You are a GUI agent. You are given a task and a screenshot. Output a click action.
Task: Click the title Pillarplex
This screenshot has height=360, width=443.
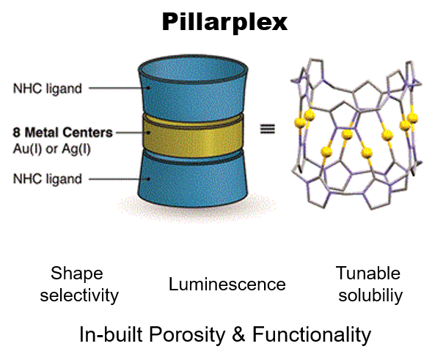pos(224,22)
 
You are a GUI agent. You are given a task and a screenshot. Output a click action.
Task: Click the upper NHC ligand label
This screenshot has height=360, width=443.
pos(48,89)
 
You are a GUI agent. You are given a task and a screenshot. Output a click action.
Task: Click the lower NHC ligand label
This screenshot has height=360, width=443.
pos(48,179)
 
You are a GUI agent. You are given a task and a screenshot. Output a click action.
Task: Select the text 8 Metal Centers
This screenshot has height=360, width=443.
pos(62,133)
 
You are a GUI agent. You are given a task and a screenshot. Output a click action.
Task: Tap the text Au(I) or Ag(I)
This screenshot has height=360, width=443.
pos(51,149)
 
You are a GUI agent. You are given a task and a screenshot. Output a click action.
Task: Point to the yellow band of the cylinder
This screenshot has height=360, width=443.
pos(193,136)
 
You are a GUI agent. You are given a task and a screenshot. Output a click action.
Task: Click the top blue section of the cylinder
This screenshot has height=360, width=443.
pos(193,96)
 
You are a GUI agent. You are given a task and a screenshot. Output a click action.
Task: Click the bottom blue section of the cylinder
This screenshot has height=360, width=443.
pos(193,180)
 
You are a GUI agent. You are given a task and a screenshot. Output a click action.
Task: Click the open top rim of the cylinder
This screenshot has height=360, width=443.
pos(193,57)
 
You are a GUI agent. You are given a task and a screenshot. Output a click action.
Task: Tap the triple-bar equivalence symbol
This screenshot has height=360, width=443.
pos(267,129)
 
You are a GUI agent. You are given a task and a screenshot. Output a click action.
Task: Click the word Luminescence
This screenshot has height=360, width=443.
pos(227,284)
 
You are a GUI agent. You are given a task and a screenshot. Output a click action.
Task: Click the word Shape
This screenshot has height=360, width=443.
pos(77,274)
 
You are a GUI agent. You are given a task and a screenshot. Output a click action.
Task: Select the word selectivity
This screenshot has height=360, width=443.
pos(79,296)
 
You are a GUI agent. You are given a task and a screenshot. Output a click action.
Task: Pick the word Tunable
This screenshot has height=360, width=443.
pos(368,273)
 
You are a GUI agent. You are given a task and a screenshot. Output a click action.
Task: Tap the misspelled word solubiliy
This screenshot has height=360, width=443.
pos(370,296)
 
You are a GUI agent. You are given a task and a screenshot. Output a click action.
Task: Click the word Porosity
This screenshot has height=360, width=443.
pos(187,335)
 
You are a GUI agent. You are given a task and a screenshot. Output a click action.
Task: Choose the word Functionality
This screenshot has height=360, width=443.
pos(312,335)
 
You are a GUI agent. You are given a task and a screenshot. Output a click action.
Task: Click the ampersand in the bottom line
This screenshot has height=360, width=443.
pos(238,334)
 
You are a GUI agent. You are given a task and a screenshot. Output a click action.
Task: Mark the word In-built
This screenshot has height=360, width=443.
pos(111,334)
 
